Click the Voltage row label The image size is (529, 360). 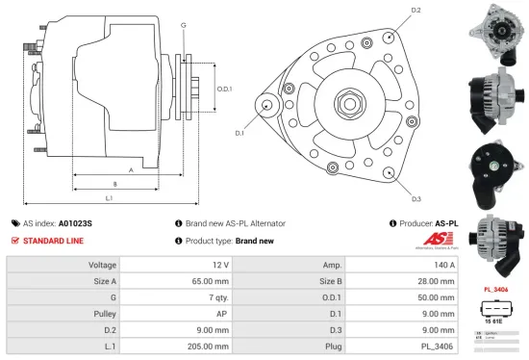[103, 264]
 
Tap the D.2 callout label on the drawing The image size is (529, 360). [416, 11]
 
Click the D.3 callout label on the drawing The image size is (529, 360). [416, 199]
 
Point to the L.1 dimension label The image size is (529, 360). [109, 198]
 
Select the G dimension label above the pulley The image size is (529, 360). [183, 23]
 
